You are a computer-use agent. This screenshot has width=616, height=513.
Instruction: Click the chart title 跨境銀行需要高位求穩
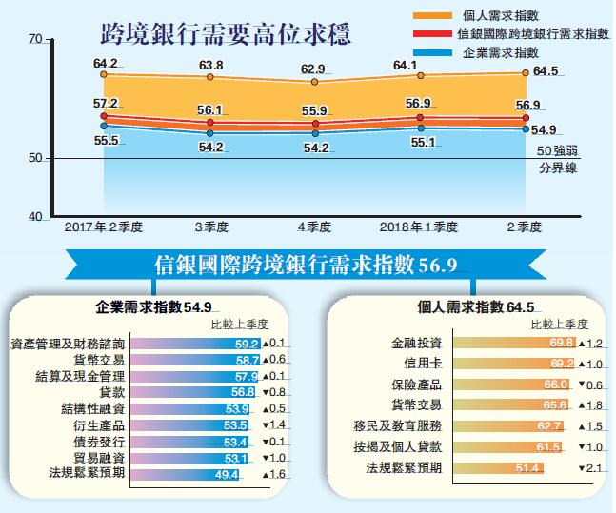click(x=227, y=37)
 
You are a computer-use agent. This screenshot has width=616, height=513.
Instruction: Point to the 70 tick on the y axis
click(x=35, y=39)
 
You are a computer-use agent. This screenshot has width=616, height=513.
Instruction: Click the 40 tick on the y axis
click(x=35, y=217)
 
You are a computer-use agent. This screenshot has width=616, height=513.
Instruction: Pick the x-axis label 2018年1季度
click(x=418, y=227)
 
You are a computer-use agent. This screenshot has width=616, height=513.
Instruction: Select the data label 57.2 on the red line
click(x=106, y=103)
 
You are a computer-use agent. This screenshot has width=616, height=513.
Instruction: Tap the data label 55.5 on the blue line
click(x=106, y=140)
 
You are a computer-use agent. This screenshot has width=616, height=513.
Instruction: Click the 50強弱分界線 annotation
click(x=557, y=158)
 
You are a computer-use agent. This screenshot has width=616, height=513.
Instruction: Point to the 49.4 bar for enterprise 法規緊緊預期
click(x=185, y=473)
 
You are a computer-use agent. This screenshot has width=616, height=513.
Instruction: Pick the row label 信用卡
click(x=423, y=363)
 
